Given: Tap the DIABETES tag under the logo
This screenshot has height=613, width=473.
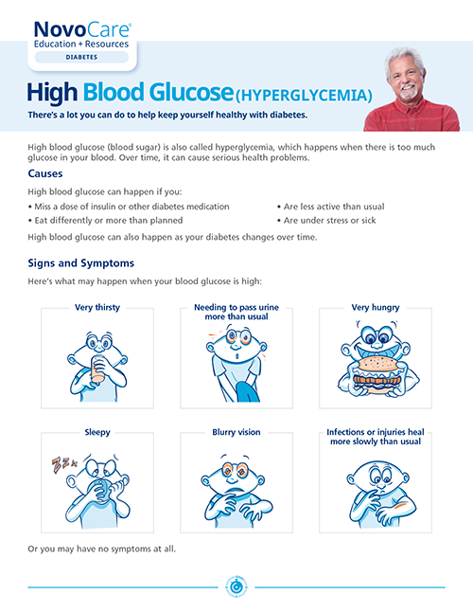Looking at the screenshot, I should pos(78,57).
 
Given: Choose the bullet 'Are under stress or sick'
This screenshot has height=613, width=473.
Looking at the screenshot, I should pos(330,221).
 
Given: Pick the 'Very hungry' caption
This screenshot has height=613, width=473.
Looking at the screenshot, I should pos(375,307).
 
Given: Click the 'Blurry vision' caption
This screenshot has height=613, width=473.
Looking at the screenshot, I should pos(236,432).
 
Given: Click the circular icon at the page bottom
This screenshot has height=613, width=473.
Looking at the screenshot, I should pos(236,586).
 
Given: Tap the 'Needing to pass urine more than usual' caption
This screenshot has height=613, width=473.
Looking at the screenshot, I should pos(236,312).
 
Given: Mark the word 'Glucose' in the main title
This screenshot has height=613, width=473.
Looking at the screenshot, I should pos(181,92).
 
